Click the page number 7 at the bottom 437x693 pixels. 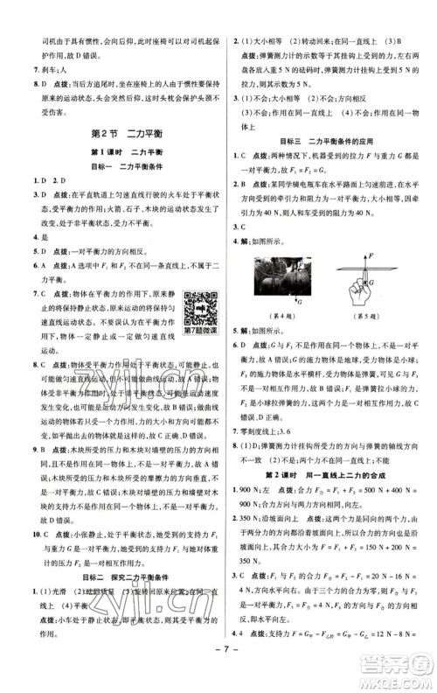pos(218,674)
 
